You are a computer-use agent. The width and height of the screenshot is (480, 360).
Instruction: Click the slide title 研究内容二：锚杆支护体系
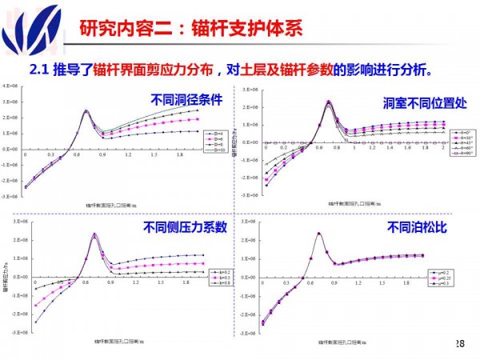click(191, 30)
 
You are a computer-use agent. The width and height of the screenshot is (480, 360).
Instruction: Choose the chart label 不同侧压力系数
click(185, 227)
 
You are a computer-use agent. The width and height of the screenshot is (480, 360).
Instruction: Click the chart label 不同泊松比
click(415, 227)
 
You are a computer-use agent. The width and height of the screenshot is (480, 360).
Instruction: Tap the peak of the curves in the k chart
click(94, 234)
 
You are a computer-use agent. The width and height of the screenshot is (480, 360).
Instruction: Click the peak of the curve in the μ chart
click(320, 234)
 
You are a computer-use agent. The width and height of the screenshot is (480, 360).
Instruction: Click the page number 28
click(458, 343)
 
